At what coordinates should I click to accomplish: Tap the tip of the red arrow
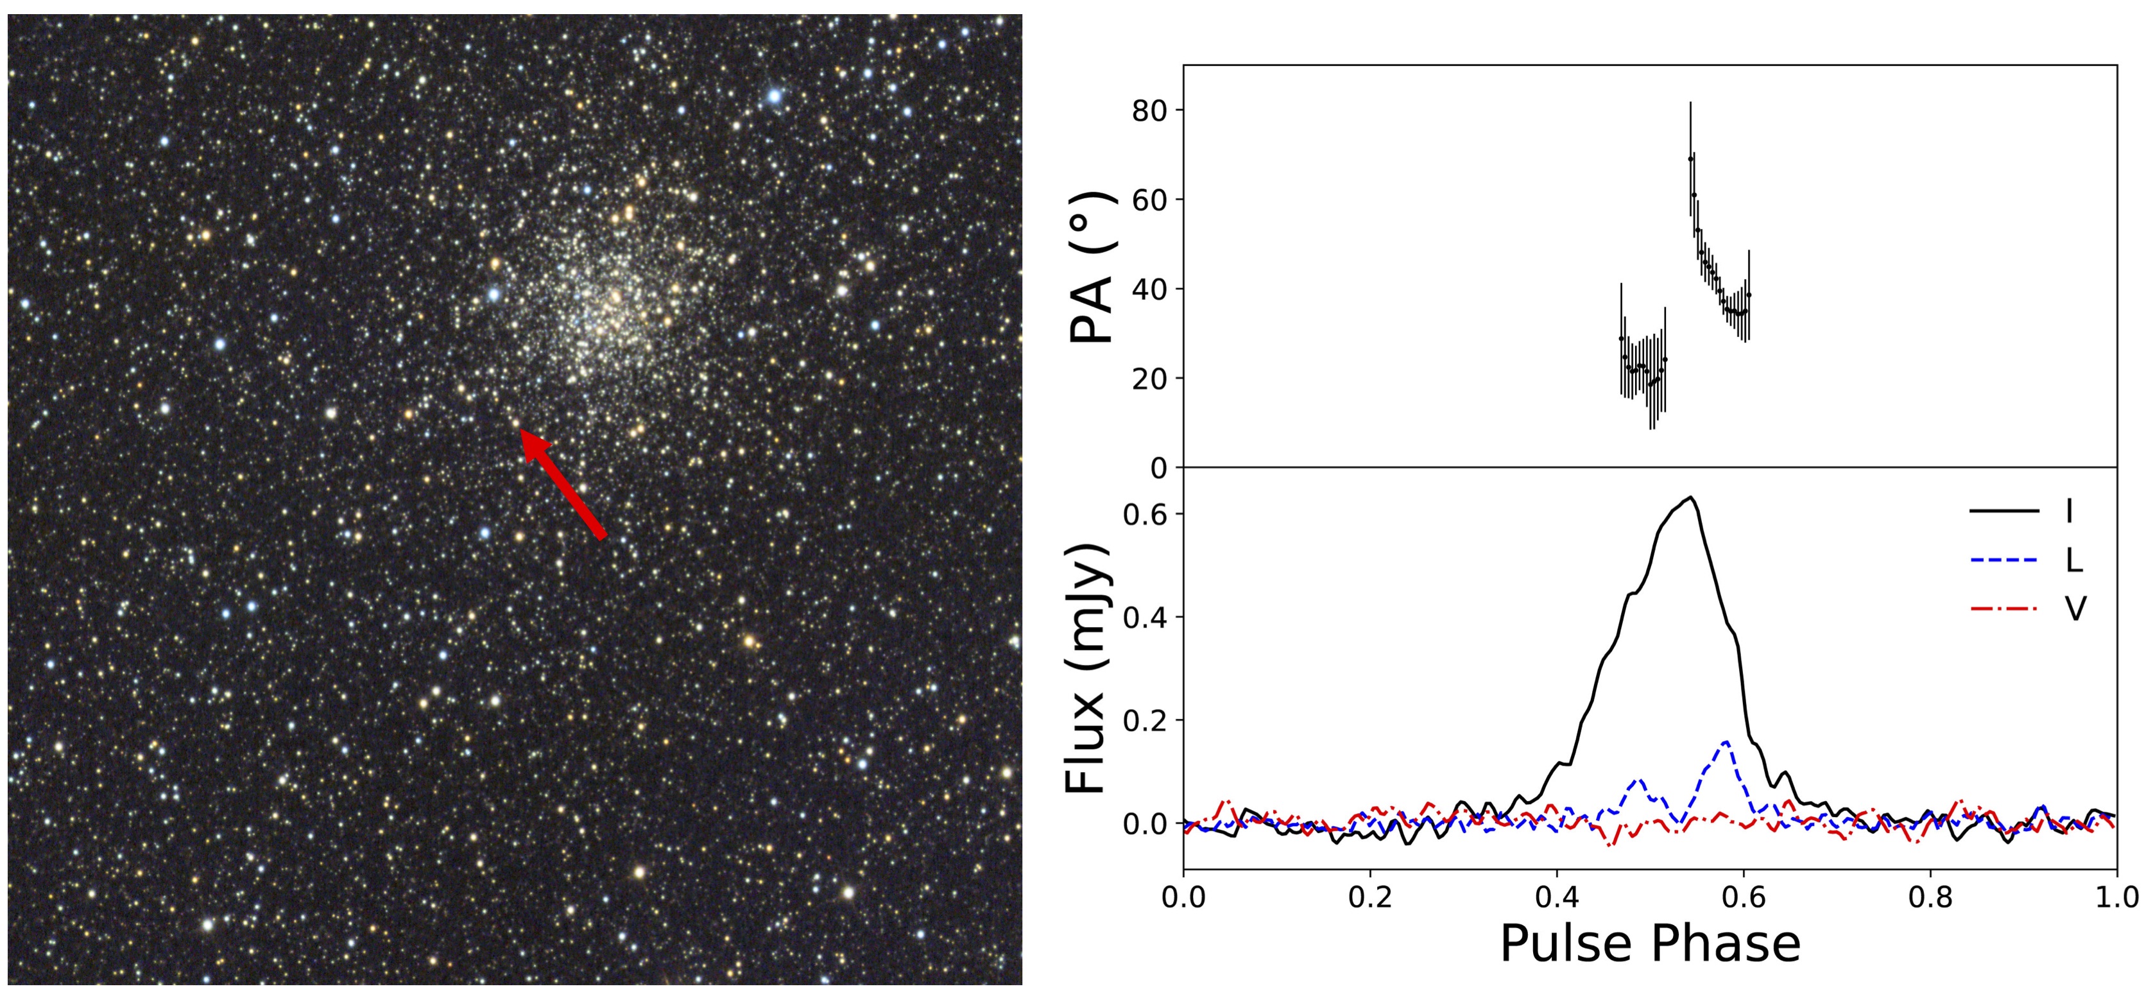coord(523,431)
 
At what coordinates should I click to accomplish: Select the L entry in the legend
coord(2073,560)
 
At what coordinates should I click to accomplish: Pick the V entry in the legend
coord(2075,608)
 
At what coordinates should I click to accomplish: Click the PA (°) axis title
coord(1092,268)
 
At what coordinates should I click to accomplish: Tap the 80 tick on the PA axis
coord(1149,110)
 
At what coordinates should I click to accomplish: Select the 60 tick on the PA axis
coord(1149,200)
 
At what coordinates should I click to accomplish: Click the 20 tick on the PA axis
coord(1149,379)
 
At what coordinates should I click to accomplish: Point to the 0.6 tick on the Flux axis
coord(1144,514)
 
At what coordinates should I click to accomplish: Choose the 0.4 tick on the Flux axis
coord(1144,617)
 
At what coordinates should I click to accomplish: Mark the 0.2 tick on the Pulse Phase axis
coord(1370,897)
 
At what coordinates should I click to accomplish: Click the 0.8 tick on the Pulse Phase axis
coord(1930,897)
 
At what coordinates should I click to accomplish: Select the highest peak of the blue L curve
coord(1725,741)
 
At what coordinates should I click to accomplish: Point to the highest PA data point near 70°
coord(1690,158)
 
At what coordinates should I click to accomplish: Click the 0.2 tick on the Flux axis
coord(1144,720)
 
